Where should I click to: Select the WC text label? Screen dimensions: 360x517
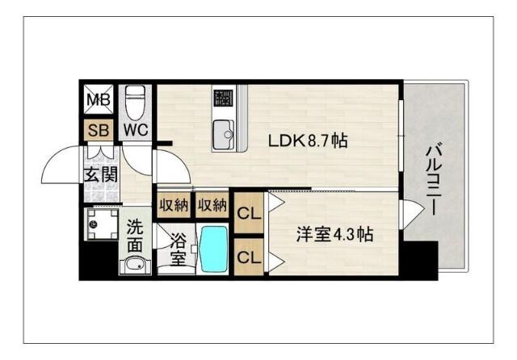(135, 129)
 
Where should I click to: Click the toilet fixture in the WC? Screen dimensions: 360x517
(135, 101)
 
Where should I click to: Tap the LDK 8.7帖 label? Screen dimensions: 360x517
(308, 141)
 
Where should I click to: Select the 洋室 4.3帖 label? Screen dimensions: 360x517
(334, 235)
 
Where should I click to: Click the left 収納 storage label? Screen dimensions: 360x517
(174, 205)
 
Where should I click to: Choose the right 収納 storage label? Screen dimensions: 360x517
(212, 205)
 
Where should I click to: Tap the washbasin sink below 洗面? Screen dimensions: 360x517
(134, 264)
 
